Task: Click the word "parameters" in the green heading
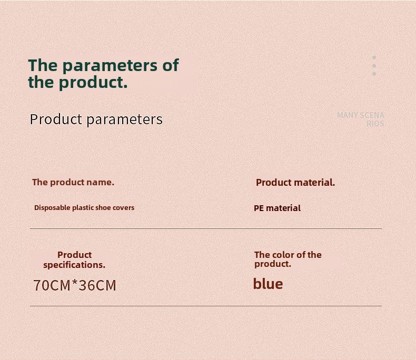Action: pos(110,65)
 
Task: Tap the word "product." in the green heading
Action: pos(93,82)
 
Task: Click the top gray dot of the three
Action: pos(374,57)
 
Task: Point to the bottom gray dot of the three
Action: pos(374,74)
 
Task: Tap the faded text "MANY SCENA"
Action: pos(361,115)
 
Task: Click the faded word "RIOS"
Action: pos(375,124)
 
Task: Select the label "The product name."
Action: pos(73,183)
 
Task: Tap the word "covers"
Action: pos(123,207)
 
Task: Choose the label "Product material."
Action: pos(295,183)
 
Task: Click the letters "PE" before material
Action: pos(259,208)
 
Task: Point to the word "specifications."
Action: pos(74,265)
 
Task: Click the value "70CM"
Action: pos(52,285)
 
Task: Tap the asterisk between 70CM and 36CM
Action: pos(75,283)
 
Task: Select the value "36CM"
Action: pos(97,285)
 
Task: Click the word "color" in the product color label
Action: pos(283,255)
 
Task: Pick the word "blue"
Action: pos(268,284)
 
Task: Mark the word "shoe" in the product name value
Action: pos(103,207)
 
